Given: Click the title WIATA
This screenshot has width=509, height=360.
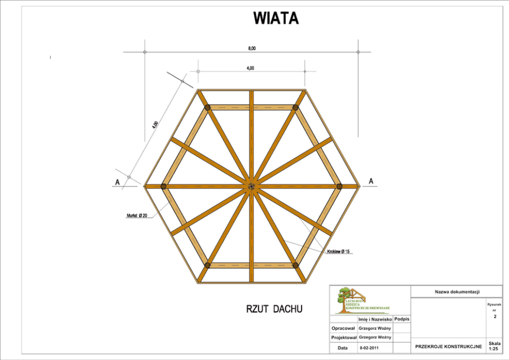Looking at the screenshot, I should [276, 18].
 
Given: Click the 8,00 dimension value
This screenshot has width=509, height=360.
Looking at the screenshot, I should [251, 48].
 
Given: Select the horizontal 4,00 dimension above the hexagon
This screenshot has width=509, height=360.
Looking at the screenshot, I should [250, 68].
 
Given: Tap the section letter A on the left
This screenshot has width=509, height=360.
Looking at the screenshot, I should [118, 182].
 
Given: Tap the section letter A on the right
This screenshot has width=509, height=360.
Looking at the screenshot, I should [371, 181].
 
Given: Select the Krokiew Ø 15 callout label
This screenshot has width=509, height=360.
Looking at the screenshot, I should [339, 252].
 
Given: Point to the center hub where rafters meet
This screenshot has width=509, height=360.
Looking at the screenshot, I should [251, 186].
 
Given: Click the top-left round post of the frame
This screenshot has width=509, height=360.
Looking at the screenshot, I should [208, 108].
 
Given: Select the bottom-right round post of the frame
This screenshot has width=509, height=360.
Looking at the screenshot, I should [295, 265].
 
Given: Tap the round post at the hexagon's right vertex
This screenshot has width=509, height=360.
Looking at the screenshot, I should [339, 186].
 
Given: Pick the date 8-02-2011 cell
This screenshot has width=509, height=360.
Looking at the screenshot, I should [369, 348].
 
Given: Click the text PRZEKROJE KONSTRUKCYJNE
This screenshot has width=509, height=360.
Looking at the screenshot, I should [448, 347].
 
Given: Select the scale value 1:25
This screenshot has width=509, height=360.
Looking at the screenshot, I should [494, 349].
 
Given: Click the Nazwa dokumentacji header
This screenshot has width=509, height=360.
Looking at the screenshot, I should [457, 292].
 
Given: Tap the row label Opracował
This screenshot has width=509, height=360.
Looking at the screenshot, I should [343, 328].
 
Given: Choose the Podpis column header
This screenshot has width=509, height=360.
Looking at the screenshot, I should [402, 319].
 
